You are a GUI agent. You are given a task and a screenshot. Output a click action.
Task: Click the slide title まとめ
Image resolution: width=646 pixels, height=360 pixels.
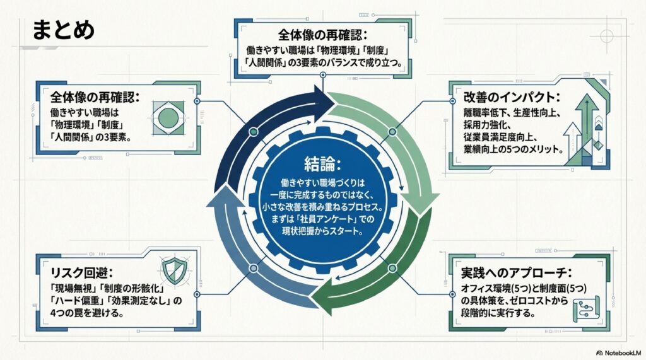(62, 30)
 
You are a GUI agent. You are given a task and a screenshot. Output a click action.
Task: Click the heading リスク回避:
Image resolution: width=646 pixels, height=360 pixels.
(83, 273)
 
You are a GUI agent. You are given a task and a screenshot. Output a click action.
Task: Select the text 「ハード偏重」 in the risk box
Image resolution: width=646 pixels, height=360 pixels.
(76, 301)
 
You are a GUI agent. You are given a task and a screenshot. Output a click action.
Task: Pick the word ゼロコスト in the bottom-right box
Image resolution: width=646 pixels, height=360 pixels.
(537, 301)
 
